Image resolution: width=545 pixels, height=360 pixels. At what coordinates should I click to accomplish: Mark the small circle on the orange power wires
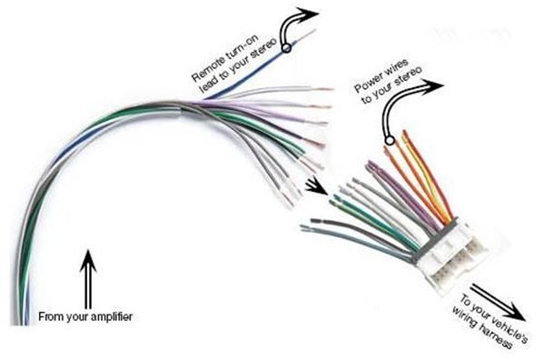click(391, 141)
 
